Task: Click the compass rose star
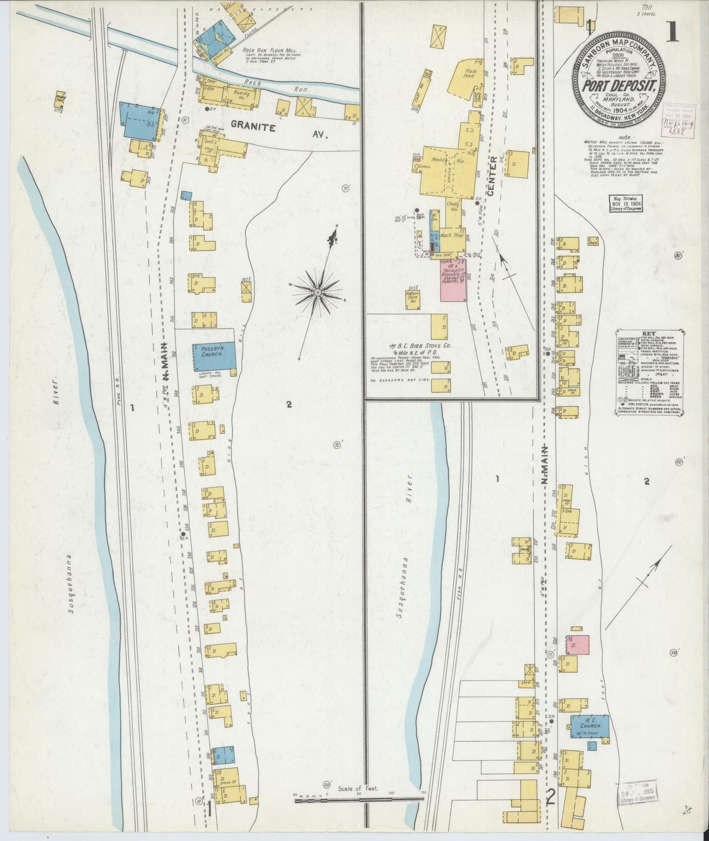[x=317, y=293]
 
